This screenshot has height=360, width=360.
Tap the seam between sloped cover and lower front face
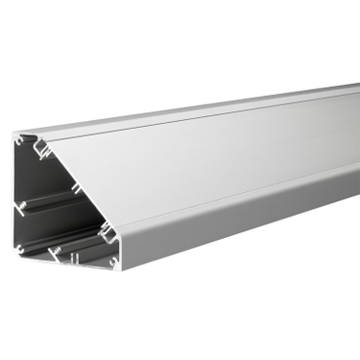tap(234, 187)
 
